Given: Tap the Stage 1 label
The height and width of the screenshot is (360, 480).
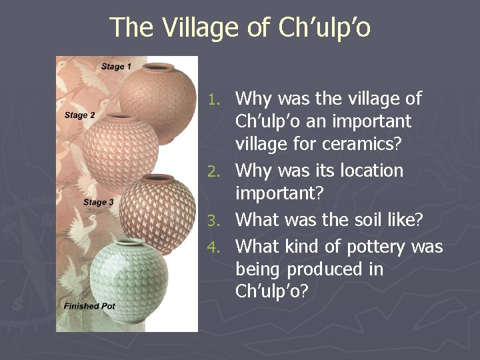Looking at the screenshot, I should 116,66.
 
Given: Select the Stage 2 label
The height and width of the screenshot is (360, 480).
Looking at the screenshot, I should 79,115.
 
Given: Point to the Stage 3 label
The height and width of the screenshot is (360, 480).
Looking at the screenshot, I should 99,202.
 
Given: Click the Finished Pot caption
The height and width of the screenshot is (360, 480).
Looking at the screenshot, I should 89,306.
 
